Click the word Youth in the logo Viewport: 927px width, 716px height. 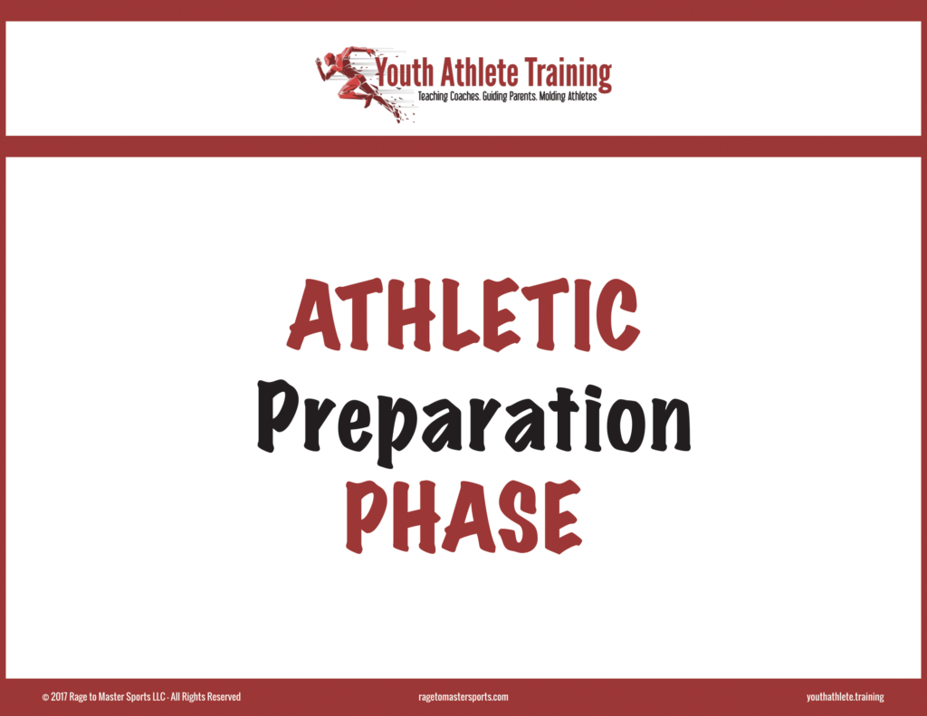(405, 72)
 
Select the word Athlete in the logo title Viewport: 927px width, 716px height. (480, 72)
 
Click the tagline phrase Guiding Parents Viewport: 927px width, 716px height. (509, 96)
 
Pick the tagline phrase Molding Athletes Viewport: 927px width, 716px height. (569, 96)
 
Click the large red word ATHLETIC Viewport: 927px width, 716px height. (463, 314)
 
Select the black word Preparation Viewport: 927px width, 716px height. (473, 419)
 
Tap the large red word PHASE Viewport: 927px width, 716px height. (464, 516)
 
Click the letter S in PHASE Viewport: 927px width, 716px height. (519, 516)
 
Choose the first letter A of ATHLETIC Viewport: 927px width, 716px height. (314, 314)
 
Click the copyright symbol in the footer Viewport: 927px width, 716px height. (45, 698)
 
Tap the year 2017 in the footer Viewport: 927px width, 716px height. (59, 697)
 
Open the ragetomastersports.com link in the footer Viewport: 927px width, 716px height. (463, 697)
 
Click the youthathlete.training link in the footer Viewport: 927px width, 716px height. (846, 697)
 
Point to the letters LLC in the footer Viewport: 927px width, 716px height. (158, 697)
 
